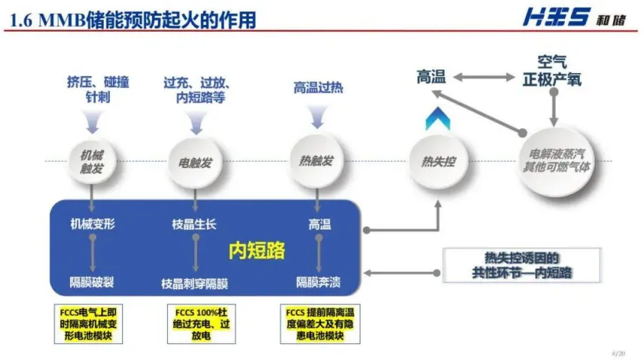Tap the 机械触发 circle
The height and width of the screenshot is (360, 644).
tap(91, 161)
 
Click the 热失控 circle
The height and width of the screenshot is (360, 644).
tap(437, 161)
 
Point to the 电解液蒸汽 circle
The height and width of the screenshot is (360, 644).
tap(556, 160)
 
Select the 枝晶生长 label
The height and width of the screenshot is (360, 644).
tap(194, 224)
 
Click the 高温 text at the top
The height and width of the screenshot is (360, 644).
tap(432, 76)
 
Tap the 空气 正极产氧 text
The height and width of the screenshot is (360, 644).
tap(553, 70)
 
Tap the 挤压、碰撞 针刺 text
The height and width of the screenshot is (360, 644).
tap(98, 89)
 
